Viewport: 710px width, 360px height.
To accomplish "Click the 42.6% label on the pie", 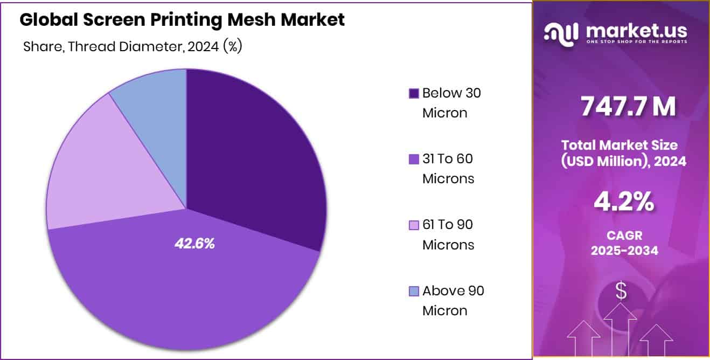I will tap(194, 244).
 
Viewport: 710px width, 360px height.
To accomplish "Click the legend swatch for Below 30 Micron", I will tap(414, 94).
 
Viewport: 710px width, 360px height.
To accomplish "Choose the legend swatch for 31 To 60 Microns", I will tap(414, 160).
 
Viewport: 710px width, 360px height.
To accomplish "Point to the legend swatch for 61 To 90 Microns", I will tap(414, 225).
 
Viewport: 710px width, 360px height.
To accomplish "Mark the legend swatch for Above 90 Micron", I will tap(414, 292).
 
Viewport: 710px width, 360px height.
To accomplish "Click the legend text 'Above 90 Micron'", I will tap(453, 301).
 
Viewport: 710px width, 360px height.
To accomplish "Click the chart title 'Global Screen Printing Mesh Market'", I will tap(182, 20).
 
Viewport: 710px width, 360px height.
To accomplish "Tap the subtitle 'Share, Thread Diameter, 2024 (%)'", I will tap(133, 47).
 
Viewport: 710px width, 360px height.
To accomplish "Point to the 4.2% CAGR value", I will tap(623, 202).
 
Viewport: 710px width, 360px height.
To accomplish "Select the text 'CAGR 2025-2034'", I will tap(624, 243).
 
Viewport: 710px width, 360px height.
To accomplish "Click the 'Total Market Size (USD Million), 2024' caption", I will tap(623, 153).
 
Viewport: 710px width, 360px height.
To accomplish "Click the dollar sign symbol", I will tap(621, 292).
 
